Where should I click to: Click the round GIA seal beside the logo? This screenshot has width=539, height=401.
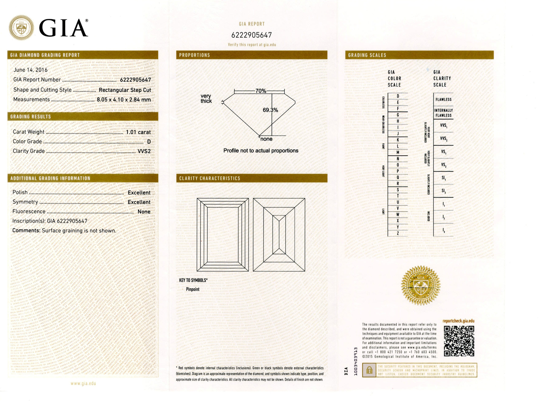pos(21,28)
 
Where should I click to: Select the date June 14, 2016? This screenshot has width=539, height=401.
pos(30,70)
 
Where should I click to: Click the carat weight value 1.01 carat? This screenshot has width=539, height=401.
pos(138,132)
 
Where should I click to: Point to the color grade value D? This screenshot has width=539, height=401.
pos(149,142)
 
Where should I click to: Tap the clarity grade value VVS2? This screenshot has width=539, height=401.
pos(144,151)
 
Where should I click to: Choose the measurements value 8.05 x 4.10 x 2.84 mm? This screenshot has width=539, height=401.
pos(124,100)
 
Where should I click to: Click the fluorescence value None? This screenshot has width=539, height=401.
pos(144,212)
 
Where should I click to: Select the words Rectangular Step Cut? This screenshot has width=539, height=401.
pos(125,90)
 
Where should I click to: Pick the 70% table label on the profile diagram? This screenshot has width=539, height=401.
pos(261,91)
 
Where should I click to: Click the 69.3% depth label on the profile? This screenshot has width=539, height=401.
pos(270,110)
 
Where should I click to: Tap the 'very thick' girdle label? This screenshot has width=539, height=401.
pos(206,98)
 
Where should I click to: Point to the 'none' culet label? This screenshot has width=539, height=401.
pos(266,139)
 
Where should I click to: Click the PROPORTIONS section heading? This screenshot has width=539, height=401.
pos(194,55)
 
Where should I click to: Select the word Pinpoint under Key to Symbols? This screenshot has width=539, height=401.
pos(192,289)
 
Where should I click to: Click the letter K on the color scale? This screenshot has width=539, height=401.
pos(398,140)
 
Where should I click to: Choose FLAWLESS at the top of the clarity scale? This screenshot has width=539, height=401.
pos(443,99)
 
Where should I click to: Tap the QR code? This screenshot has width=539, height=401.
pos(459,341)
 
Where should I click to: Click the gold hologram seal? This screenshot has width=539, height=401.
pos(421,286)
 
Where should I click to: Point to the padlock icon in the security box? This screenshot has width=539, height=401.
pos(369,370)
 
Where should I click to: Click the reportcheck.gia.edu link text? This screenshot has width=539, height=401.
pos(459,321)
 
